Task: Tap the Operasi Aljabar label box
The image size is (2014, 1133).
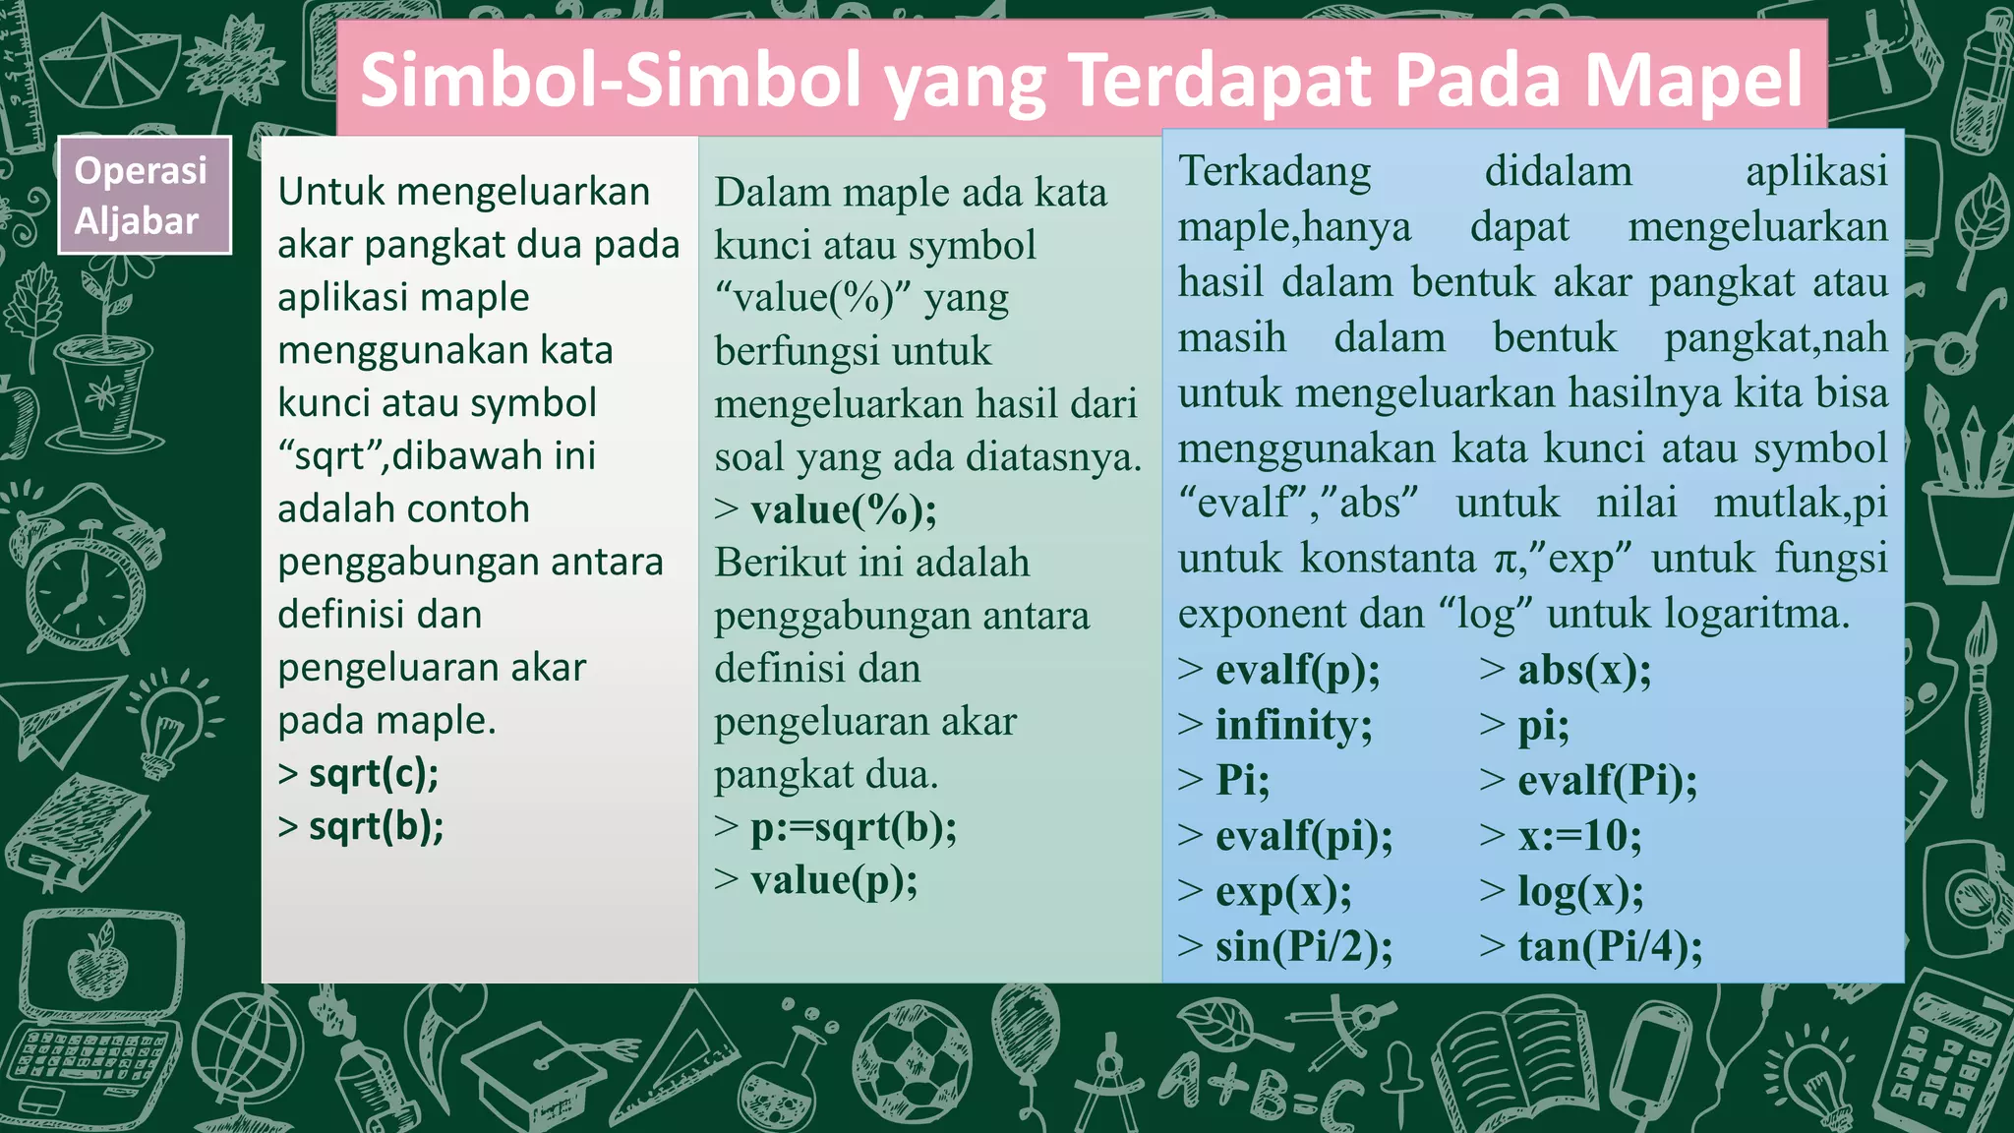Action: pos(144,195)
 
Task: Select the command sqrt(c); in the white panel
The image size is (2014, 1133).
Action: pos(373,774)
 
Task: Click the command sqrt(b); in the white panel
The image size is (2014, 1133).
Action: pos(376,826)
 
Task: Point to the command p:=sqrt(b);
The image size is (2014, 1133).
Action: pos(853,828)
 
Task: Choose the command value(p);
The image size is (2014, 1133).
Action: pos(833,880)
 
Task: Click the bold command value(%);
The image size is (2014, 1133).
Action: pos(843,509)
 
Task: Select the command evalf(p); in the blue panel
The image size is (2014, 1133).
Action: pos(1297,670)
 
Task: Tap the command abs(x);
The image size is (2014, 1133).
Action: pos(1583,670)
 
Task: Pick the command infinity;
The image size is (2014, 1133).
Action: pos(1293,726)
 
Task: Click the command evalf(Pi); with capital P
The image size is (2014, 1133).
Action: pos(1607,781)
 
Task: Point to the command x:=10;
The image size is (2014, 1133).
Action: pos(1579,836)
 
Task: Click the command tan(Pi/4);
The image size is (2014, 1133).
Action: pos(1609,947)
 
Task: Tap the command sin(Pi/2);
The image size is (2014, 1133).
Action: pos(1303,947)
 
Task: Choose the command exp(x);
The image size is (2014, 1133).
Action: pos(1283,892)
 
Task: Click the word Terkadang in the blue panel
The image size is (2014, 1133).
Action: pos(1274,171)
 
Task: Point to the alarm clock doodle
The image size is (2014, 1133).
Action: pos(84,580)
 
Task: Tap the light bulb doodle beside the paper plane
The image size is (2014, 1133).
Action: pos(173,723)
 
